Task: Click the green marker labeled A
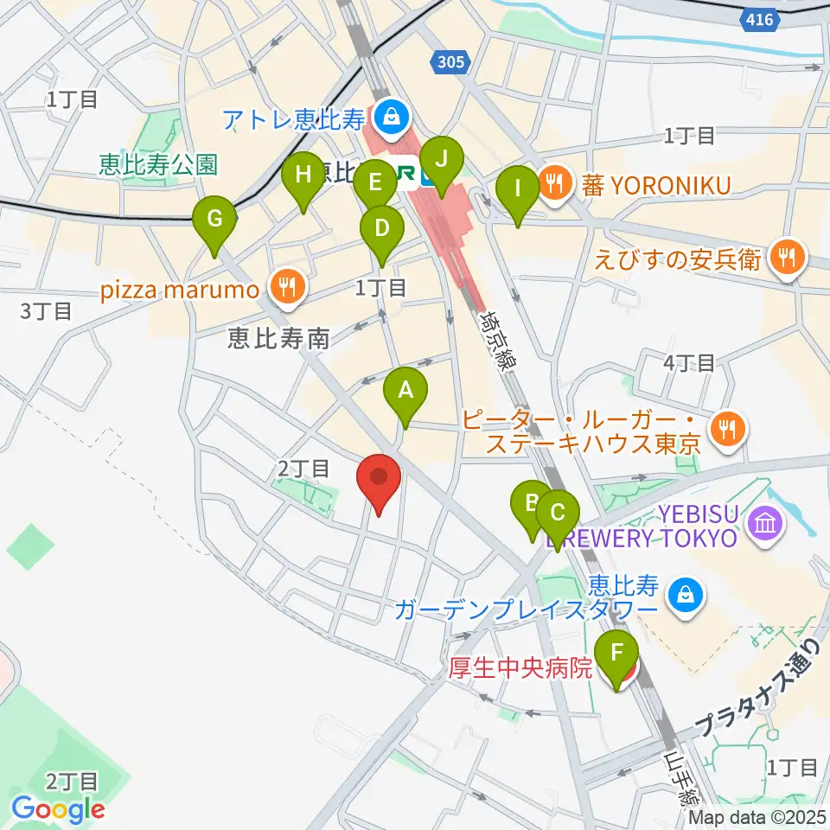coord(405,390)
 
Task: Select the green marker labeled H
coord(303,176)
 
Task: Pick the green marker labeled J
coord(442,160)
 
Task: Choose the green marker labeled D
coord(381,229)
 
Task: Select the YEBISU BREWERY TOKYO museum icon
coord(765,523)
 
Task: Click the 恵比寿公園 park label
coord(158,164)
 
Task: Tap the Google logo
coord(59,809)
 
